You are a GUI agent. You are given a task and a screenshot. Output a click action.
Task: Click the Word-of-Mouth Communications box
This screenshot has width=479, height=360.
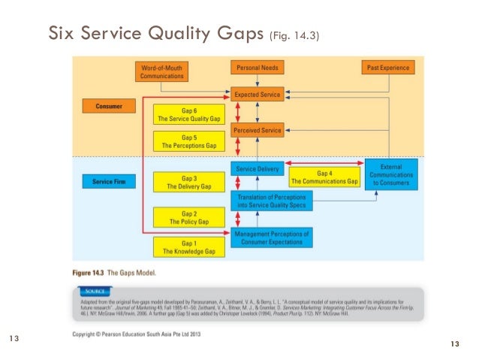[162, 71]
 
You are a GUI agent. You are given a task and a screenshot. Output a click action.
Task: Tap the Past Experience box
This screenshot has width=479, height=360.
[388, 68]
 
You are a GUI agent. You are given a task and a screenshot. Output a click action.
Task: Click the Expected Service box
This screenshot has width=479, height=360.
[258, 95]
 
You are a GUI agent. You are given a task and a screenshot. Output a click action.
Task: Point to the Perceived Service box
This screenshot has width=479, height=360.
[258, 130]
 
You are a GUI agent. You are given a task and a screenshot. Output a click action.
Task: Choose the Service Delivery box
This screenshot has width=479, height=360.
[258, 169]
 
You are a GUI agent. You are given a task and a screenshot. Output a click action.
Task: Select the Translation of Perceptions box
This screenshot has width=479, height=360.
[270, 200]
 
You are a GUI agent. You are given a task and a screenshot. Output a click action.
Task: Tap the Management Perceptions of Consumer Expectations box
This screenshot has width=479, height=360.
[271, 237]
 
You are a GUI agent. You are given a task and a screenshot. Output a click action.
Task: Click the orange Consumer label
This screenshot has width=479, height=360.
[108, 107]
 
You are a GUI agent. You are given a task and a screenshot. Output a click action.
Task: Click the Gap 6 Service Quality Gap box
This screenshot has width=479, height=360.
[189, 113]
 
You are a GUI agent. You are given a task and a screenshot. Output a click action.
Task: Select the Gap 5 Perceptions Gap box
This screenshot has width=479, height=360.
[189, 141]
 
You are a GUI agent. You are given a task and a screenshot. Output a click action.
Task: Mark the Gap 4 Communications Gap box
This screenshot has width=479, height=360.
[324, 177]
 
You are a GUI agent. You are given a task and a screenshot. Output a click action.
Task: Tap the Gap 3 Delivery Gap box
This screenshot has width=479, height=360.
[189, 181]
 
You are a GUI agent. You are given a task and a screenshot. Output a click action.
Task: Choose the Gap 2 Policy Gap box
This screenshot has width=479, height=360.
[189, 217]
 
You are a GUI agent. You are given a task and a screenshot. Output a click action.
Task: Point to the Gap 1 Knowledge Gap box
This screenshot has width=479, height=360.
[189, 247]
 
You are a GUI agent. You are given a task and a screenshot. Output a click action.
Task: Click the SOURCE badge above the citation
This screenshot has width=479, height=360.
[94, 290]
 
